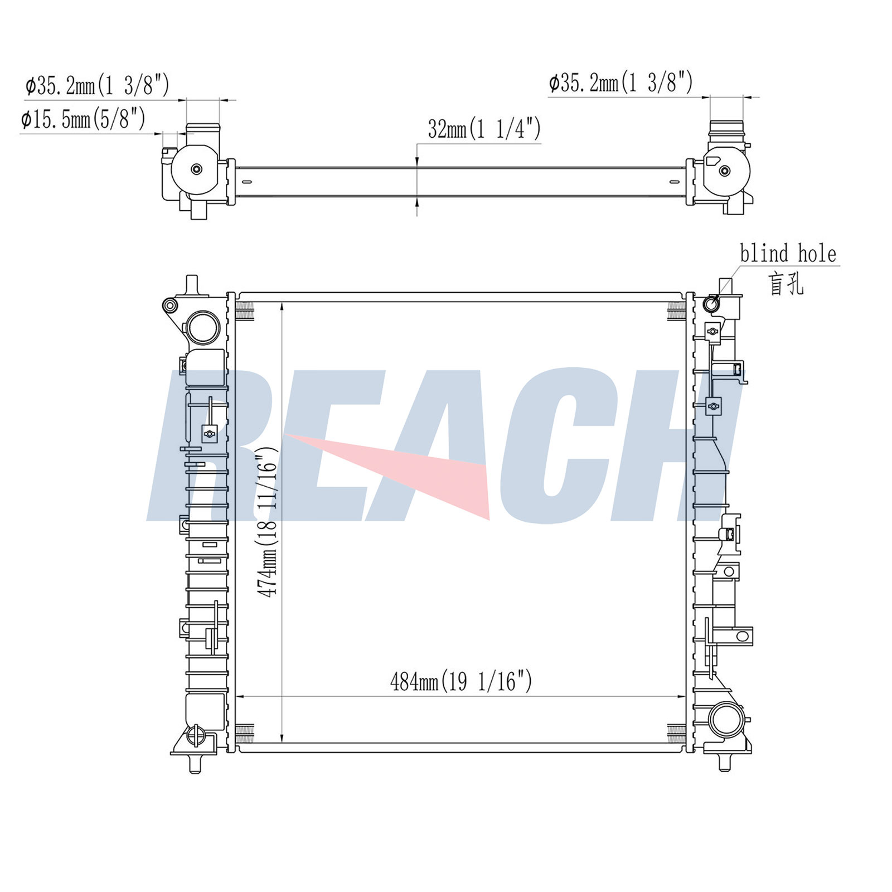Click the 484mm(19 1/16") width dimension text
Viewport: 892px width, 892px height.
[461, 681]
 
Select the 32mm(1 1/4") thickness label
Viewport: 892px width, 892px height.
[484, 129]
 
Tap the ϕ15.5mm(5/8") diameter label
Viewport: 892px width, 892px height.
[83, 119]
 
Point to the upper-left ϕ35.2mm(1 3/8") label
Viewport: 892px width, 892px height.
[97, 85]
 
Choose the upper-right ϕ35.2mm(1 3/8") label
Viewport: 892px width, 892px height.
[620, 83]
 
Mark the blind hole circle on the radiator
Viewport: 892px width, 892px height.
[711, 304]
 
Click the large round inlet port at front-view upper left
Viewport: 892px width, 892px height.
[204, 328]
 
